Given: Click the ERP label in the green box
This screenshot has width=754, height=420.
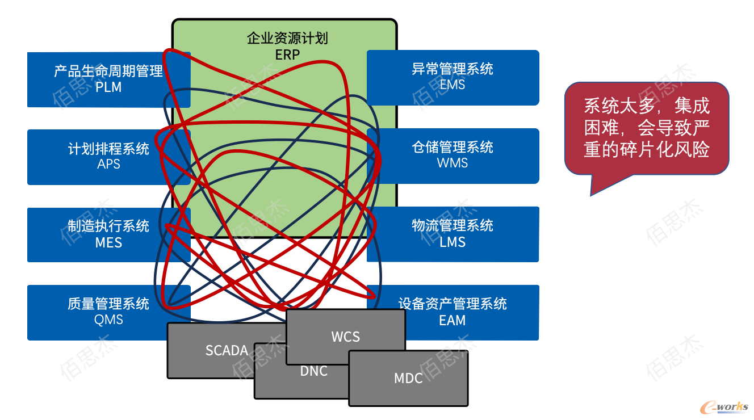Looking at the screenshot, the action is click(x=287, y=54).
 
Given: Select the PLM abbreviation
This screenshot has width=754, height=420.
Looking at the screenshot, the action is click(x=108, y=87).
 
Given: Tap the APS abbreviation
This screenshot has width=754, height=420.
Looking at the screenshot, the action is click(x=108, y=164).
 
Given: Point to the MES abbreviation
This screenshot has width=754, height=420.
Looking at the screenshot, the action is click(x=108, y=242).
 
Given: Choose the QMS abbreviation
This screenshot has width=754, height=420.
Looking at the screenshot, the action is click(x=108, y=320).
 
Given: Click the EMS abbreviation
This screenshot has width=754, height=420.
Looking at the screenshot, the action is click(x=453, y=85).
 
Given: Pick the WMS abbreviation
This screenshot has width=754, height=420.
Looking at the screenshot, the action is click(x=453, y=163).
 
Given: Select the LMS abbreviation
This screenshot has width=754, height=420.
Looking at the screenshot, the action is click(x=453, y=242).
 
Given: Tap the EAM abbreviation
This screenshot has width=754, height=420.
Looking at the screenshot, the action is click(x=453, y=320).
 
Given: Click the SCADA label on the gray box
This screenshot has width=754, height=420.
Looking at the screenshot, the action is click(x=227, y=350).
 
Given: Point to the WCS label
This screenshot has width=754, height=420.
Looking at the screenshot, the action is click(x=346, y=337).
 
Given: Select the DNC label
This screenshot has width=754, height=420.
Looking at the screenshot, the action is click(x=314, y=371).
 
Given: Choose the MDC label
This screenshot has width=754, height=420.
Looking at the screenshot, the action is click(x=408, y=378).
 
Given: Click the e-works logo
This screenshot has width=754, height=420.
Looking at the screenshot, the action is click(x=724, y=407).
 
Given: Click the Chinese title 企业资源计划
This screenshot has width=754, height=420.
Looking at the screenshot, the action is click(x=287, y=38).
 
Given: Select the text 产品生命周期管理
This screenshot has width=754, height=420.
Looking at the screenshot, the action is click(x=108, y=71).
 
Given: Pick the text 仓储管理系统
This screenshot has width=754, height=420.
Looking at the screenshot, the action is click(x=453, y=147).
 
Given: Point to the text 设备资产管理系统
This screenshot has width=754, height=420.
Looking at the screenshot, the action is click(x=453, y=304).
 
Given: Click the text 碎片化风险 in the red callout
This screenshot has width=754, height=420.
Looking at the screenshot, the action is click(x=665, y=149).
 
